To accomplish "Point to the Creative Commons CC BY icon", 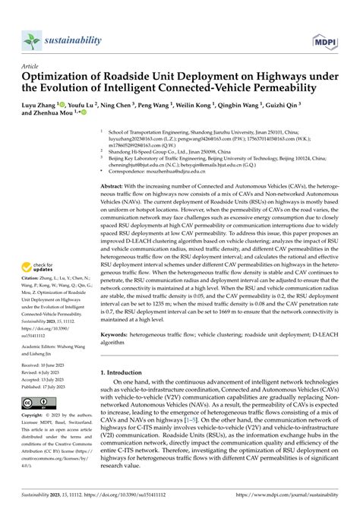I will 35,402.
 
